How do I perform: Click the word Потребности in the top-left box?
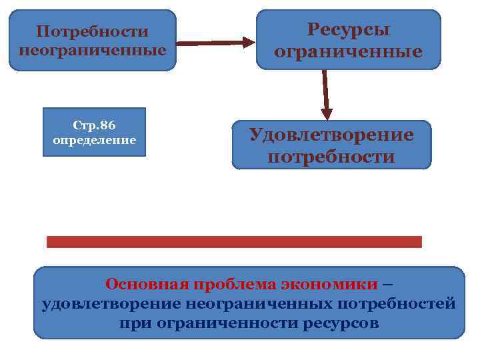92,32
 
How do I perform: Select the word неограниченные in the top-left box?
93,50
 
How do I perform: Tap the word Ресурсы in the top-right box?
349,29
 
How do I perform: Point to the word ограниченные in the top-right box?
349,52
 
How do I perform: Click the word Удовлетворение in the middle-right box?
331,135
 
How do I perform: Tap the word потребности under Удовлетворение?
331,157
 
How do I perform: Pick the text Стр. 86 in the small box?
93,125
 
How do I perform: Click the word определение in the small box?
94,141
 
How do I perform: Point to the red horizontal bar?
234,241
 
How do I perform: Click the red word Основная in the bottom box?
147,284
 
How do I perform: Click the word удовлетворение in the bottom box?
111,304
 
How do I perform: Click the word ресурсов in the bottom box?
340,324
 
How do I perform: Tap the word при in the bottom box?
133,324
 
